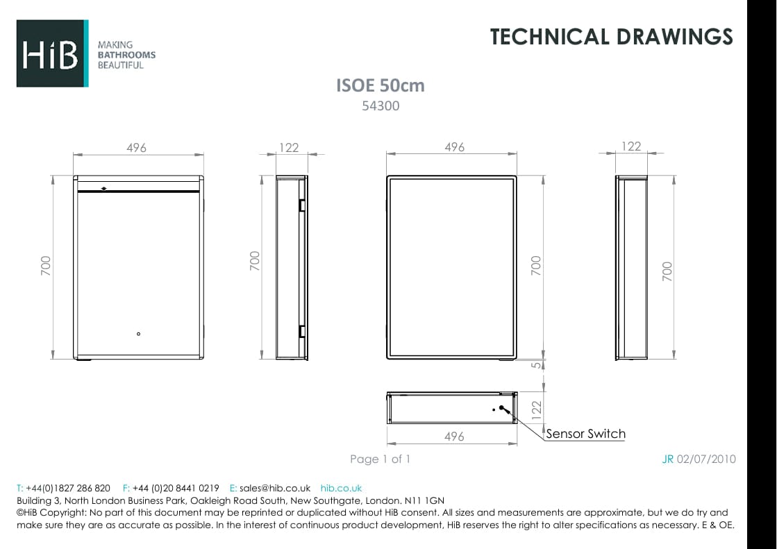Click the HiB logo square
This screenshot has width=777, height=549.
tap(52, 53)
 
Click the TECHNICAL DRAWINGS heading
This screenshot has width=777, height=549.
tap(611, 37)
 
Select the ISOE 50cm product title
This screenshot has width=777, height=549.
tap(380, 85)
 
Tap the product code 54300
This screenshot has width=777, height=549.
tap(381, 106)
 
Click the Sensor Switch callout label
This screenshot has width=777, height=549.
tap(585, 434)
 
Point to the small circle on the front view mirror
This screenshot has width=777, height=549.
tap(139, 335)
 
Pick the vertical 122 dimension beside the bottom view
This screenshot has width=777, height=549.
tap(535, 409)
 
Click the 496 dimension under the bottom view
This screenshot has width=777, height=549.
tap(453, 437)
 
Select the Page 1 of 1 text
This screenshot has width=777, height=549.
tap(381, 459)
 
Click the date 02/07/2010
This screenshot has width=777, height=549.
tap(706, 459)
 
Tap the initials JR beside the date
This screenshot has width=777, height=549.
tap(668, 459)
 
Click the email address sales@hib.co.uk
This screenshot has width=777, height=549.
tap(275, 488)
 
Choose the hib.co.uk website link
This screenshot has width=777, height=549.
tap(341, 488)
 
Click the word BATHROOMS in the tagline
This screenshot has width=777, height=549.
tap(126, 55)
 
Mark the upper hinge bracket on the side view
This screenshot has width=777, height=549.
tap(302, 205)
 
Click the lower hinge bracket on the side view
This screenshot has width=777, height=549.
tap(302, 330)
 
